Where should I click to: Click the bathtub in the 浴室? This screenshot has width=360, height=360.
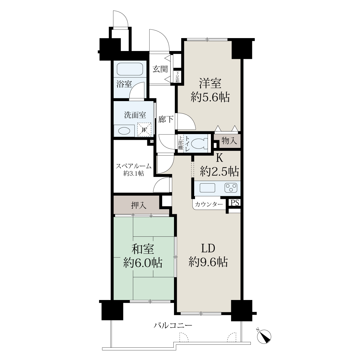130,69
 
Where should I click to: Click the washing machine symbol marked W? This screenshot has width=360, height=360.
144,130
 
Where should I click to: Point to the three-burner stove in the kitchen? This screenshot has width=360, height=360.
231,187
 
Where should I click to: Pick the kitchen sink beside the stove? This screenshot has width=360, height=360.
207,187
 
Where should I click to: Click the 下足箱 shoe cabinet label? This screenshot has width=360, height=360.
177,77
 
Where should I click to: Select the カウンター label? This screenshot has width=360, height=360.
209,204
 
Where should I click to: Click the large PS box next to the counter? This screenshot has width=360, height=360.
235,203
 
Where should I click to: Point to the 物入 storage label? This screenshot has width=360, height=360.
229,140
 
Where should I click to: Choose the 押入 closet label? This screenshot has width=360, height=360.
139,205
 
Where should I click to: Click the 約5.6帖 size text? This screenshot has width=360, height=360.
210,97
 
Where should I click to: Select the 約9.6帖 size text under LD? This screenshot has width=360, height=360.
208,262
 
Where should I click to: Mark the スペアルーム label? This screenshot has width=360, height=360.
133,166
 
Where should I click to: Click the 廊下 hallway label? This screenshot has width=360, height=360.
166,119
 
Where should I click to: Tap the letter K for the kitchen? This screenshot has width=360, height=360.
220,158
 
